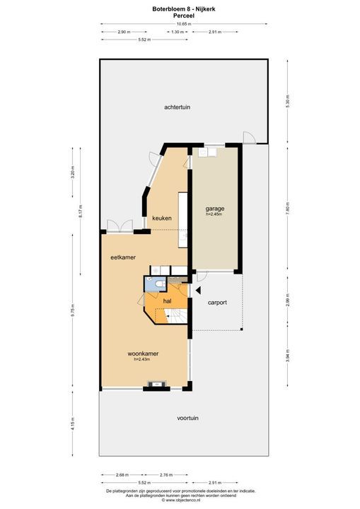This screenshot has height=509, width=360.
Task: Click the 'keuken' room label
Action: click(162, 218)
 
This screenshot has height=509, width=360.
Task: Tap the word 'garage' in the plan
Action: click(215, 209)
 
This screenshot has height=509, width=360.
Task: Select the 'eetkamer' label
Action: click(122, 257)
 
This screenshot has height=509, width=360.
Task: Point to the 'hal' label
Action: click(168, 301)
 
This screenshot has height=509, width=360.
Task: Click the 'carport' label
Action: click(217, 303)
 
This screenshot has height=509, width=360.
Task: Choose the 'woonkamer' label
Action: click(142, 353)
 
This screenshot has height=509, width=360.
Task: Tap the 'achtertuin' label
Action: click(178, 107)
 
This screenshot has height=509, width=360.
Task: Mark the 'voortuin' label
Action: click(187, 418)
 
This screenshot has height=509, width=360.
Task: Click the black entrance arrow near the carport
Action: click(199, 290)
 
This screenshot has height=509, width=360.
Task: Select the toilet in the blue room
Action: click(160, 284)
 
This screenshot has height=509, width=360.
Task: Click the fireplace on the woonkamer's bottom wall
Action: click(154, 385)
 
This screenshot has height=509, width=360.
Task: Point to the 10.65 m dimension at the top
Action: click(183, 23)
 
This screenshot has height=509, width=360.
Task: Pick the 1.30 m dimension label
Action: click(178, 32)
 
